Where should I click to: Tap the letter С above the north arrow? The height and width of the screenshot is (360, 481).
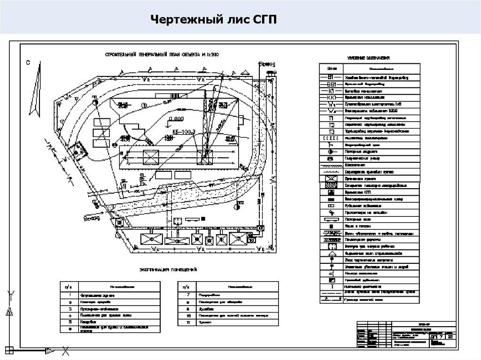point(28,62)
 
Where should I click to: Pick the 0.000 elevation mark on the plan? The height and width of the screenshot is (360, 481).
point(178,119)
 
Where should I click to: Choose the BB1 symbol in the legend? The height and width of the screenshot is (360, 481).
point(332,84)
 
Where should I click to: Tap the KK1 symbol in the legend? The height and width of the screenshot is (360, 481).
point(332,97)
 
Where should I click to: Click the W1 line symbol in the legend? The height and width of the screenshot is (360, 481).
point(332,104)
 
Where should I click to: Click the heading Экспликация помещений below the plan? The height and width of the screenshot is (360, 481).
point(168,270)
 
